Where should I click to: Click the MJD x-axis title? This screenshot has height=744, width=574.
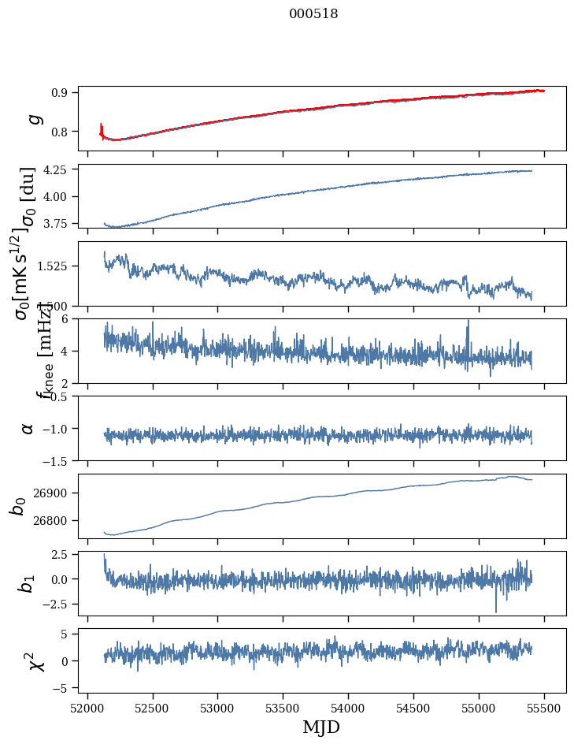[x=321, y=727]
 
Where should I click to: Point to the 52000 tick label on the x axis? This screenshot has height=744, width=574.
[x=87, y=707]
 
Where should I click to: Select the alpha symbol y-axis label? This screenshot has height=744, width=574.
[x=28, y=428]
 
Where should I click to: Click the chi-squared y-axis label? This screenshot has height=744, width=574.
[x=35, y=660]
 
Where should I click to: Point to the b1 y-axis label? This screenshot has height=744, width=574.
[x=28, y=583]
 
